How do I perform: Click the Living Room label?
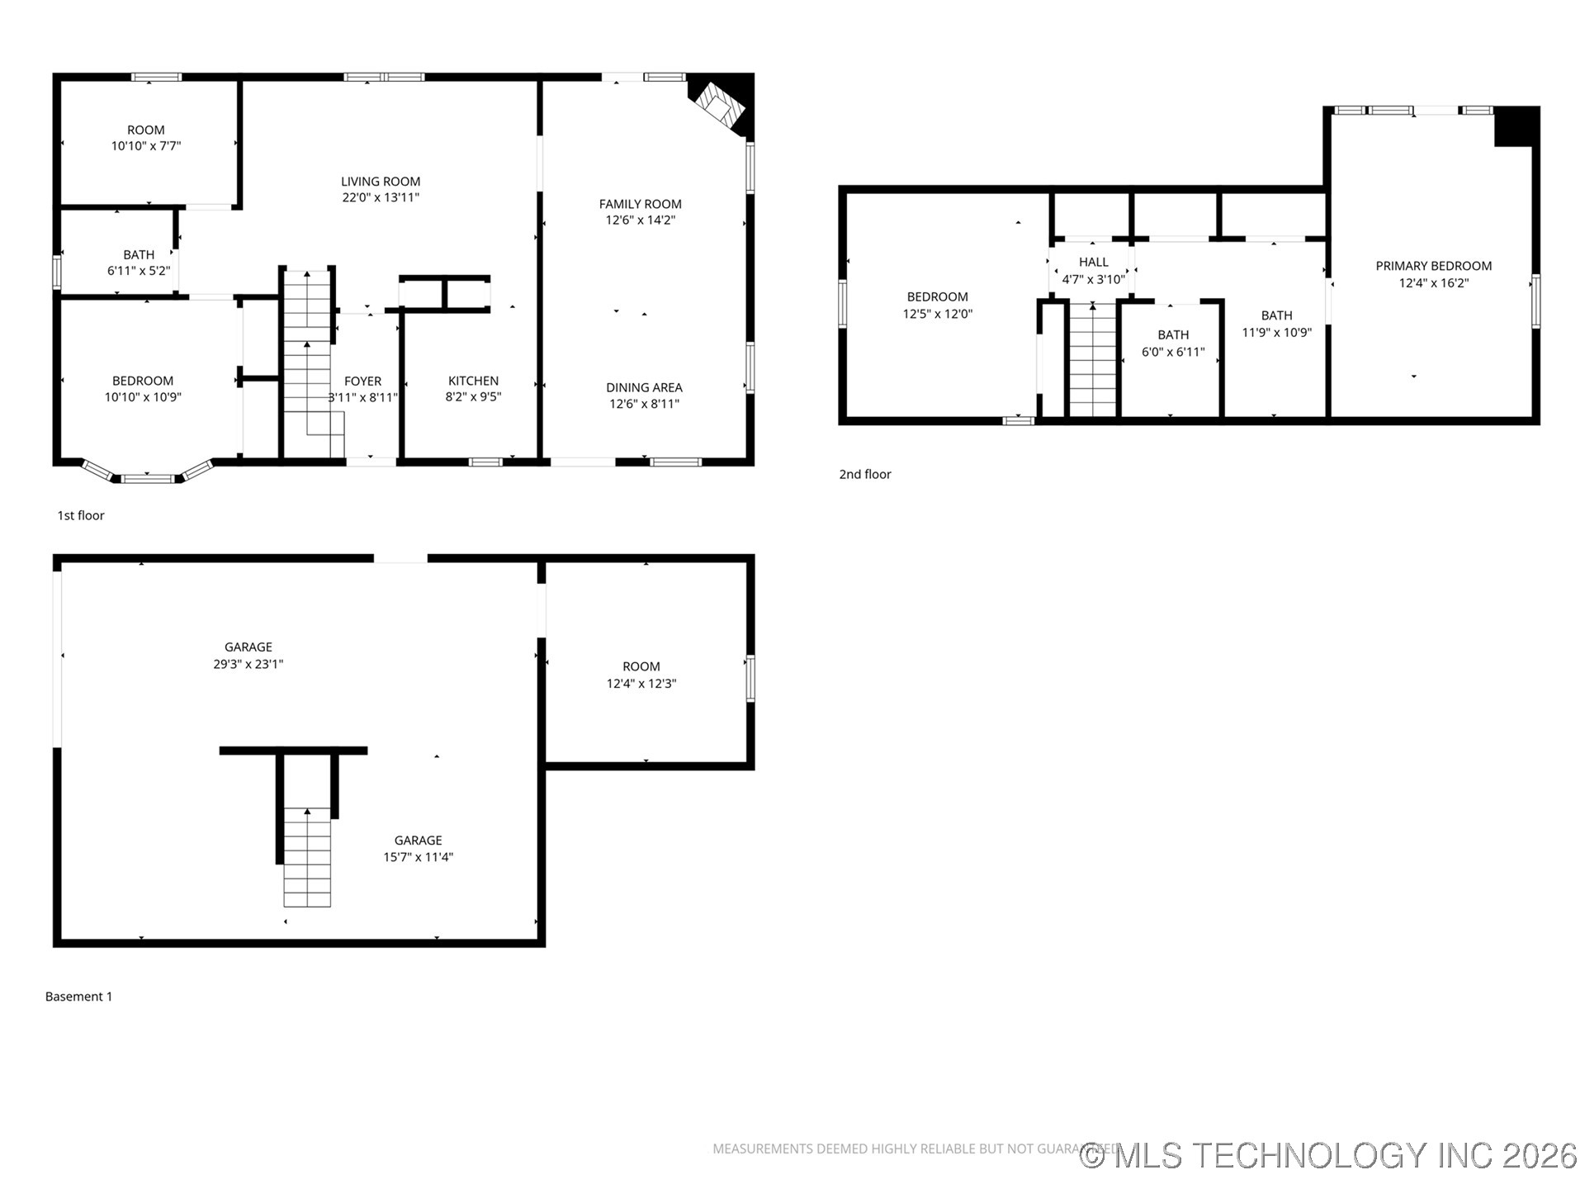381,182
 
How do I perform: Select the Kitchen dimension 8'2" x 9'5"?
473,397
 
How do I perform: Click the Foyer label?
362,381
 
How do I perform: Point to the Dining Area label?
644,387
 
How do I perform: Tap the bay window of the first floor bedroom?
148,476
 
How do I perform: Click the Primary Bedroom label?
1433,266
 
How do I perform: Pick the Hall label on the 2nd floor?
1093,262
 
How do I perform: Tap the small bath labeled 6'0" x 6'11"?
1172,343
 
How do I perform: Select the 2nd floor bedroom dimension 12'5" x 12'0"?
937,315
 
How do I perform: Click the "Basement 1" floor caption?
78,997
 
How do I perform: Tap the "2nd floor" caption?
865,474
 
